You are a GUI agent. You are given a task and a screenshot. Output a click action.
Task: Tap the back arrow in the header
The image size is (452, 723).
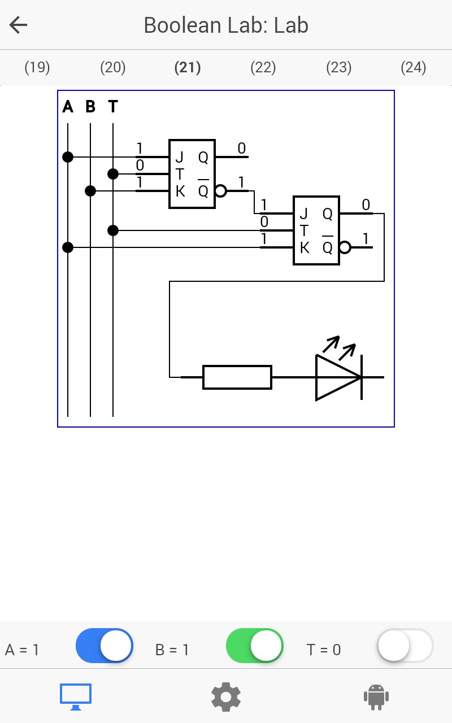[x=19, y=25]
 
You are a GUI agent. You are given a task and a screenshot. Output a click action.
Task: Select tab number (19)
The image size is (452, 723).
[x=37, y=67]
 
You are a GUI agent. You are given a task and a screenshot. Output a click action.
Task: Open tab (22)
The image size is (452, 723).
[x=263, y=67]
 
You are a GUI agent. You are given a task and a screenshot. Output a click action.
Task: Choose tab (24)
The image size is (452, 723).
[x=414, y=67]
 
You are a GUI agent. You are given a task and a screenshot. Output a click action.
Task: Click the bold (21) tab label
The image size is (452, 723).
[x=188, y=67]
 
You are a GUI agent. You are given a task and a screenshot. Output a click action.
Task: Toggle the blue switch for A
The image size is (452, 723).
[x=105, y=646]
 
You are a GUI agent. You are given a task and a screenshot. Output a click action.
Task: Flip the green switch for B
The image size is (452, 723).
[x=255, y=646]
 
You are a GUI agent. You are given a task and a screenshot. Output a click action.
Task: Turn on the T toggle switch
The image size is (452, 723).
[x=405, y=646]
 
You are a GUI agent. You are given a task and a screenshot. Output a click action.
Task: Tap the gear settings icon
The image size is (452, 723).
[x=225, y=697]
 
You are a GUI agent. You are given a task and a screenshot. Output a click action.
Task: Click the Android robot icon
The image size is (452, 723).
[x=376, y=697]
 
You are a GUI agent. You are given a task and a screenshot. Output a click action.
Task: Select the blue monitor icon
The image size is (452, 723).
[x=76, y=697]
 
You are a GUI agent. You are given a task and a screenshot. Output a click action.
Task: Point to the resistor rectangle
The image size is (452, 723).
[x=237, y=377]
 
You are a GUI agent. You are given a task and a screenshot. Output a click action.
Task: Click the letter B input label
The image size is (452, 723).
[x=90, y=106]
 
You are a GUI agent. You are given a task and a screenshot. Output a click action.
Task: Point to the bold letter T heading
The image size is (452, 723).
[x=113, y=106]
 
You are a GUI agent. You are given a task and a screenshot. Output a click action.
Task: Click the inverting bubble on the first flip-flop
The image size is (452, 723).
[x=220, y=191]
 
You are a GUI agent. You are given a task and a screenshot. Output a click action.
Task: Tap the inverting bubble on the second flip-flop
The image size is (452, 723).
[x=345, y=247]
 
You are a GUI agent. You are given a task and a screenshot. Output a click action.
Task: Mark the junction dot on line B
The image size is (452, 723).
[x=90, y=191]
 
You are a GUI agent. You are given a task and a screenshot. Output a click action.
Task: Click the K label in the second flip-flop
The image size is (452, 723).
[x=305, y=248]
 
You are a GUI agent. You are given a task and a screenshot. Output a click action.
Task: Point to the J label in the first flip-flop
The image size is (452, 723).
[x=180, y=157]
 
